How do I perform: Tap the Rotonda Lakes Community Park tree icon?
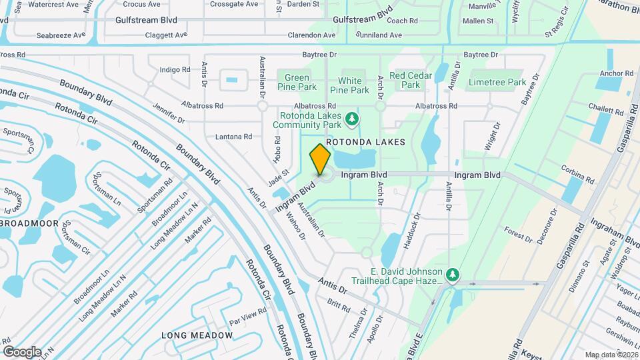352,120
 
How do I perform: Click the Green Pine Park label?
297,82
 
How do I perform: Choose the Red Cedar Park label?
411,80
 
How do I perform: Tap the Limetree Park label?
497,82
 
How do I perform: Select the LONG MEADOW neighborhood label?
197,335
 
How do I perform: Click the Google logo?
22,351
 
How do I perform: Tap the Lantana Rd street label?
233,137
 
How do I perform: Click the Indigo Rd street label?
175,69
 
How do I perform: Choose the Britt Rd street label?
339,305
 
